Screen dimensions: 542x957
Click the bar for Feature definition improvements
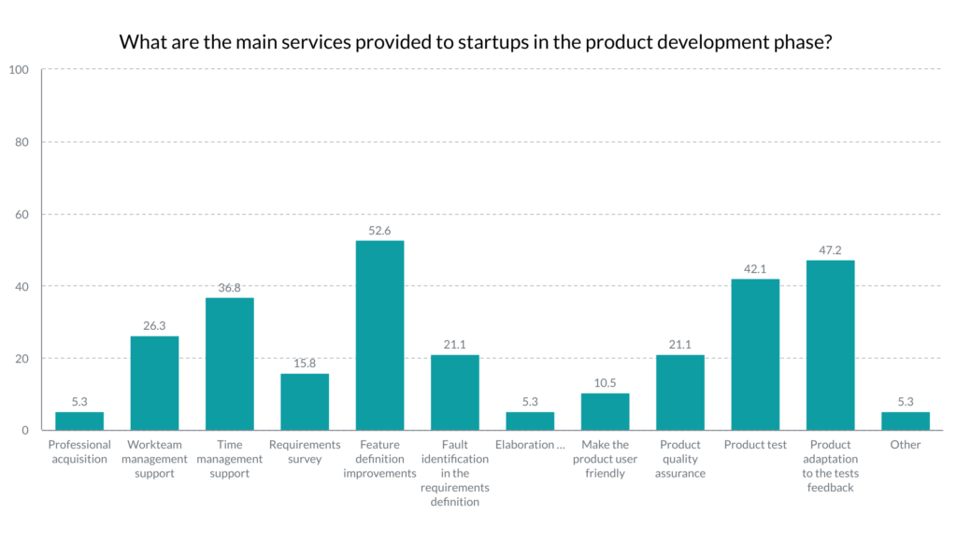point(379,335)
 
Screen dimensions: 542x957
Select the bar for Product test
point(755,354)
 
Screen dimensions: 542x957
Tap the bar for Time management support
point(229,364)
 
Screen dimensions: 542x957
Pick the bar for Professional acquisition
point(79,421)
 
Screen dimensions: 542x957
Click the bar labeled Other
point(905,421)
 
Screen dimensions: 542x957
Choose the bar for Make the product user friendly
point(605,411)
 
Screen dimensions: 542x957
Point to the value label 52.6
point(379,230)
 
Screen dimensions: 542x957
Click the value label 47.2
point(830,250)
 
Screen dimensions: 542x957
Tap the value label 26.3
point(154,325)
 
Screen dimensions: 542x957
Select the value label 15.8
point(305,363)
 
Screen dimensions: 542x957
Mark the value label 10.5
point(605,382)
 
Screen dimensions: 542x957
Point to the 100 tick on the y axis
point(20,70)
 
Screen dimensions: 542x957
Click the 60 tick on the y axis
point(22,214)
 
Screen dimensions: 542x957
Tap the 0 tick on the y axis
point(26,431)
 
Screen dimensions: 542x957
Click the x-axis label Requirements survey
point(305,451)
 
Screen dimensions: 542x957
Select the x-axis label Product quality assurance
point(679,459)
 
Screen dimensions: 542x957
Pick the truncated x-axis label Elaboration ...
point(530,445)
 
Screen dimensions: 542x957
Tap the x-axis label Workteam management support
point(154,459)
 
